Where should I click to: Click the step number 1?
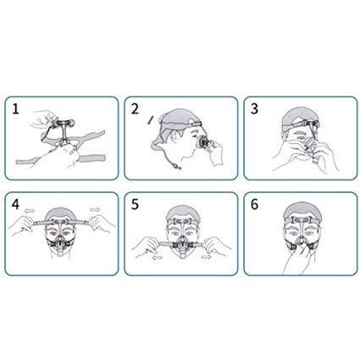15,109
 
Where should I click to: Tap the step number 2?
135,109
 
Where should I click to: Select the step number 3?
254,109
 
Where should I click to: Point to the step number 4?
15,204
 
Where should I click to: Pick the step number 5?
135,204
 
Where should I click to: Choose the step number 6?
254,204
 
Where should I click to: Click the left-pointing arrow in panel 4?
30,210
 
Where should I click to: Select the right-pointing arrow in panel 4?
95,209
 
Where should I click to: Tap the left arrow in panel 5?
158,258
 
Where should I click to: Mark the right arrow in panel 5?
207,257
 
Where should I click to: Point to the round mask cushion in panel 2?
202,141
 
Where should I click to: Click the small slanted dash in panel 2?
150,119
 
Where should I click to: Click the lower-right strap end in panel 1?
91,158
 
